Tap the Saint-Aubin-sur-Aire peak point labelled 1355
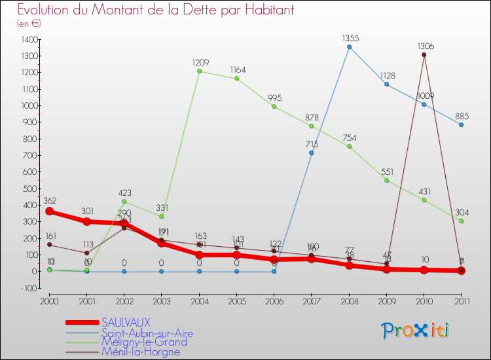pyautogui.click(x=349, y=47)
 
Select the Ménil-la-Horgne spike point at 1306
pyautogui.click(x=424, y=55)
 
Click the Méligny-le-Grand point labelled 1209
pyautogui.click(x=199, y=71)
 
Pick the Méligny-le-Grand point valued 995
pyautogui.click(x=274, y=107)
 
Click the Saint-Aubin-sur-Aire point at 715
pyautogui.click(x=312, y=153)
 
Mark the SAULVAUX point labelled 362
pyautogui.click(x=49, y=211)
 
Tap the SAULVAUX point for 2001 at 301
pyautogui.click(x=86, y=221)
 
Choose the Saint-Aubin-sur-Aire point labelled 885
pyautogui.click(x=462, y=125)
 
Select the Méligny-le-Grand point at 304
pyautogui.click(x=462, y=221)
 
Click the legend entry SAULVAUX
pyautogui.click(x=126, y=322)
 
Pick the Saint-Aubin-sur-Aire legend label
pyautogui.click(x=147, y=333)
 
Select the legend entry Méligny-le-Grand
pyautogui.click(x=143, y=342)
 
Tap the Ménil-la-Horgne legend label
pyautogui.click(x=141, y=351)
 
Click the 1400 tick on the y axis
pyautogui.click(x=29, y=40)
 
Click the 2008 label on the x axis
pyautogui.click(x=349, y=300)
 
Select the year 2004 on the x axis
pyautogui.click(x=199, y=300)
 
